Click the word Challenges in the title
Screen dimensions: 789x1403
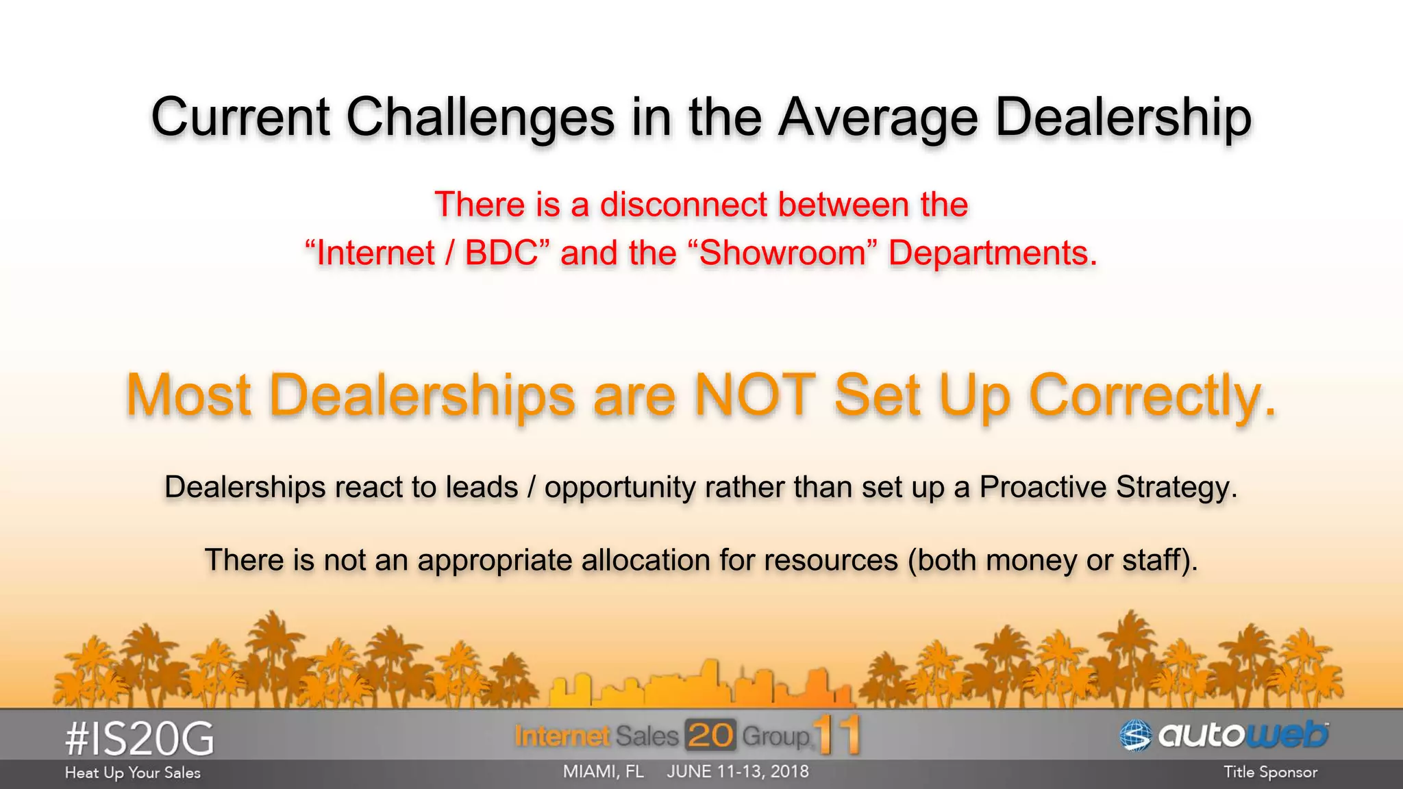coord(480,118)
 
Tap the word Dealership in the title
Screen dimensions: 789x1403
coord(1123,118)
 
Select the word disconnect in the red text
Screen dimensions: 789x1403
coord(684,204)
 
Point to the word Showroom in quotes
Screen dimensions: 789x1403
coord(783,253)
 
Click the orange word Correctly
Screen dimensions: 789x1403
coord(1152,396)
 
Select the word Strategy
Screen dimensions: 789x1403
coord(1176,488)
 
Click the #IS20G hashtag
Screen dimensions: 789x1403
coord(140,740)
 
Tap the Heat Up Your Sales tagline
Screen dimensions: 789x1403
coord(133,773)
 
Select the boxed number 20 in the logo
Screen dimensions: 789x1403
coord(710,736)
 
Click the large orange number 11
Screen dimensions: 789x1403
coord(836,735)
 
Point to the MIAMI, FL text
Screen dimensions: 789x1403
coord(603,772)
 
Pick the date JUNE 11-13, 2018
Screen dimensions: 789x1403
coord(738,772)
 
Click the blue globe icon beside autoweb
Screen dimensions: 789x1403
coord(1135,736)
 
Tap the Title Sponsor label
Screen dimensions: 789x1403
coord(1270,773)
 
